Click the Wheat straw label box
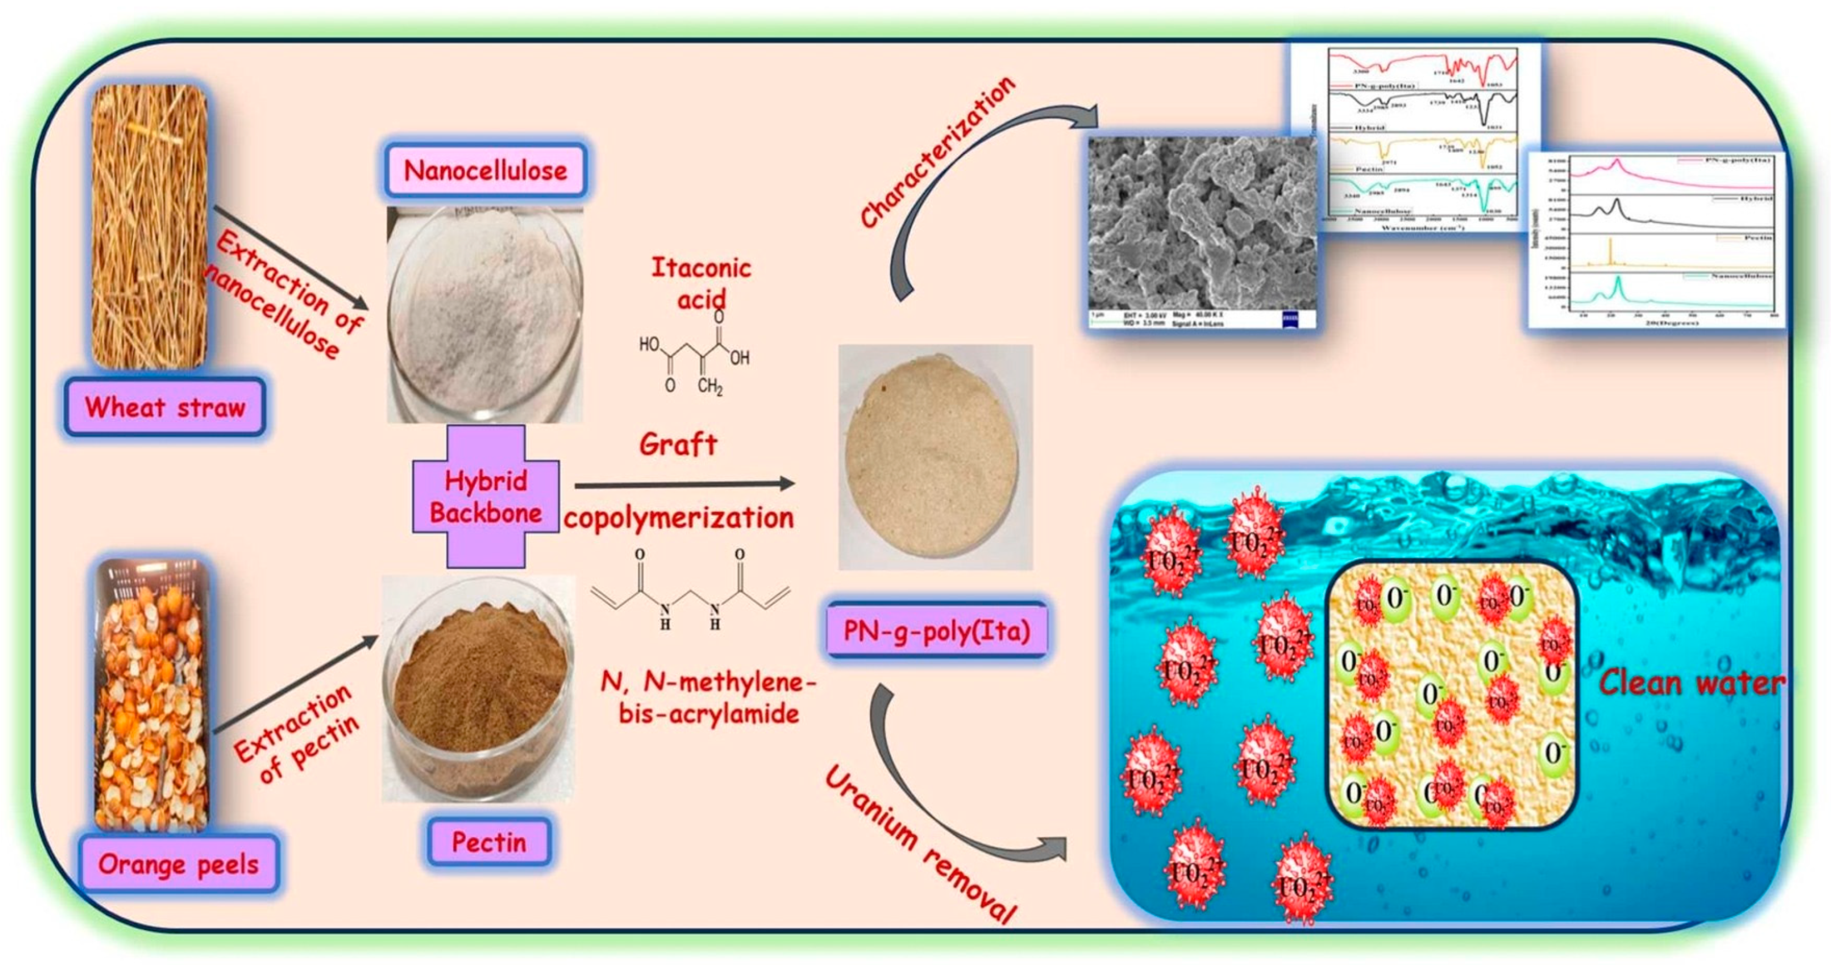[x=165, y=407]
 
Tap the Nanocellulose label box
[x=486, y=171]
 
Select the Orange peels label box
[x=179, y=864]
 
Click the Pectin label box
[x=489, y=842]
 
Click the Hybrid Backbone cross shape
[x=486, y=497]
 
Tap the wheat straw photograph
[x=149, y=226]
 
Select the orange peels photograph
[x=152, y=695]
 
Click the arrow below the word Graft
[x=684, y=486]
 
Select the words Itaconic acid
[x=701, y=283]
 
